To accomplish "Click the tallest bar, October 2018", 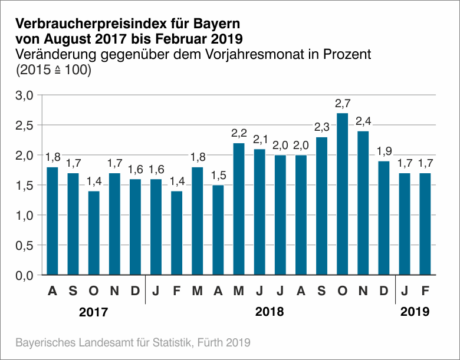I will click(342, 194).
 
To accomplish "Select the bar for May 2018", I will click(239, 209).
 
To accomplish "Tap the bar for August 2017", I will click(52, 221).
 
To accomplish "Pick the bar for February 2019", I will click(425, 224).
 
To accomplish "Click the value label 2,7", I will click(342, 104).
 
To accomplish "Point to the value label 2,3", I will click(321, 127).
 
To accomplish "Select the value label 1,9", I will click(383, 151).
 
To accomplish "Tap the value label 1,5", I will click(218, 176).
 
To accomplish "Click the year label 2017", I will click(94, 312).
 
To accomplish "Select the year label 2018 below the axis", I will click(270, 312).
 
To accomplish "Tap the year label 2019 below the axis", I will click(415, 312).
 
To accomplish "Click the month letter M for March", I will click(198, 290).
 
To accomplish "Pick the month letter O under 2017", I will click(94, 290).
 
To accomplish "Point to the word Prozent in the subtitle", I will click(344, 55).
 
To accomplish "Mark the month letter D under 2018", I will click(383, 290).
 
